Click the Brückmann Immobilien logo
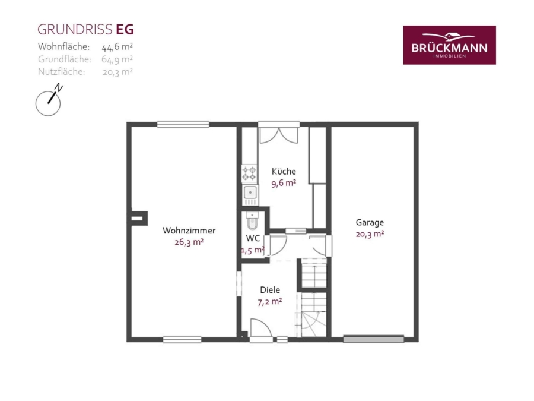click(449, 45)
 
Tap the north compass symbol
click(49, 100)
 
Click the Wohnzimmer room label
click(189, 231)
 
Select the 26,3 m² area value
click(189, 242)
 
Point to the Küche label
click(284, 171)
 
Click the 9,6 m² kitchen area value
click(284, 183)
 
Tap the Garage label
click(370, 222)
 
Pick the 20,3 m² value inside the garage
click(370, 234)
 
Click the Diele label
click(270, 290)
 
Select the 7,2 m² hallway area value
click(270, 301)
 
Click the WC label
click(253, 238)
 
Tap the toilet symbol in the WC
click(252, 221)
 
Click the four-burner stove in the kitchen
click(249, 173)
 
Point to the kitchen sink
click(250, 193)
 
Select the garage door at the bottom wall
click(374, 339)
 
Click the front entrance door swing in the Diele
click(261, 328)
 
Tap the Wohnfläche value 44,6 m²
click(117, 46)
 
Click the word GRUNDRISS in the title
click(75, 30)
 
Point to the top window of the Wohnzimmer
click(183, 125)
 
